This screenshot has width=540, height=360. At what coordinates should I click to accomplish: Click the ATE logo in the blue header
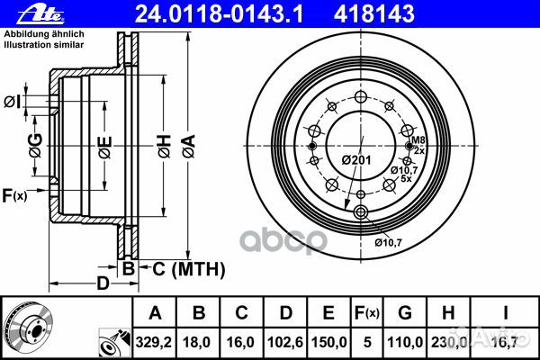(x=41, y=14)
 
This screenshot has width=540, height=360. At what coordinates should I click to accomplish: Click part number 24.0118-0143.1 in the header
(x=220, y=14)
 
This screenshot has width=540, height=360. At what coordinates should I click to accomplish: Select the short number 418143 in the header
(x=373, y=14)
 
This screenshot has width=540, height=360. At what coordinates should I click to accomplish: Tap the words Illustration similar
(x=44, y=44)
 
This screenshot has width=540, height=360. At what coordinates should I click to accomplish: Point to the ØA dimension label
(x=189, y=147)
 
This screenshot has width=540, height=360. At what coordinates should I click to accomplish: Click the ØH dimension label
(x=165, y=147)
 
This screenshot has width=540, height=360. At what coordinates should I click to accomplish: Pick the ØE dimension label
(x=105, y=148)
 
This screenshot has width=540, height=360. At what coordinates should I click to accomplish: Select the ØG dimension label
(x=35, y=146)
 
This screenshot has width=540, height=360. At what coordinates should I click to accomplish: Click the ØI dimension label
(x=12, y=102)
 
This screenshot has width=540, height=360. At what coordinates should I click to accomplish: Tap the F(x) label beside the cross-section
(x=14, y=195)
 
